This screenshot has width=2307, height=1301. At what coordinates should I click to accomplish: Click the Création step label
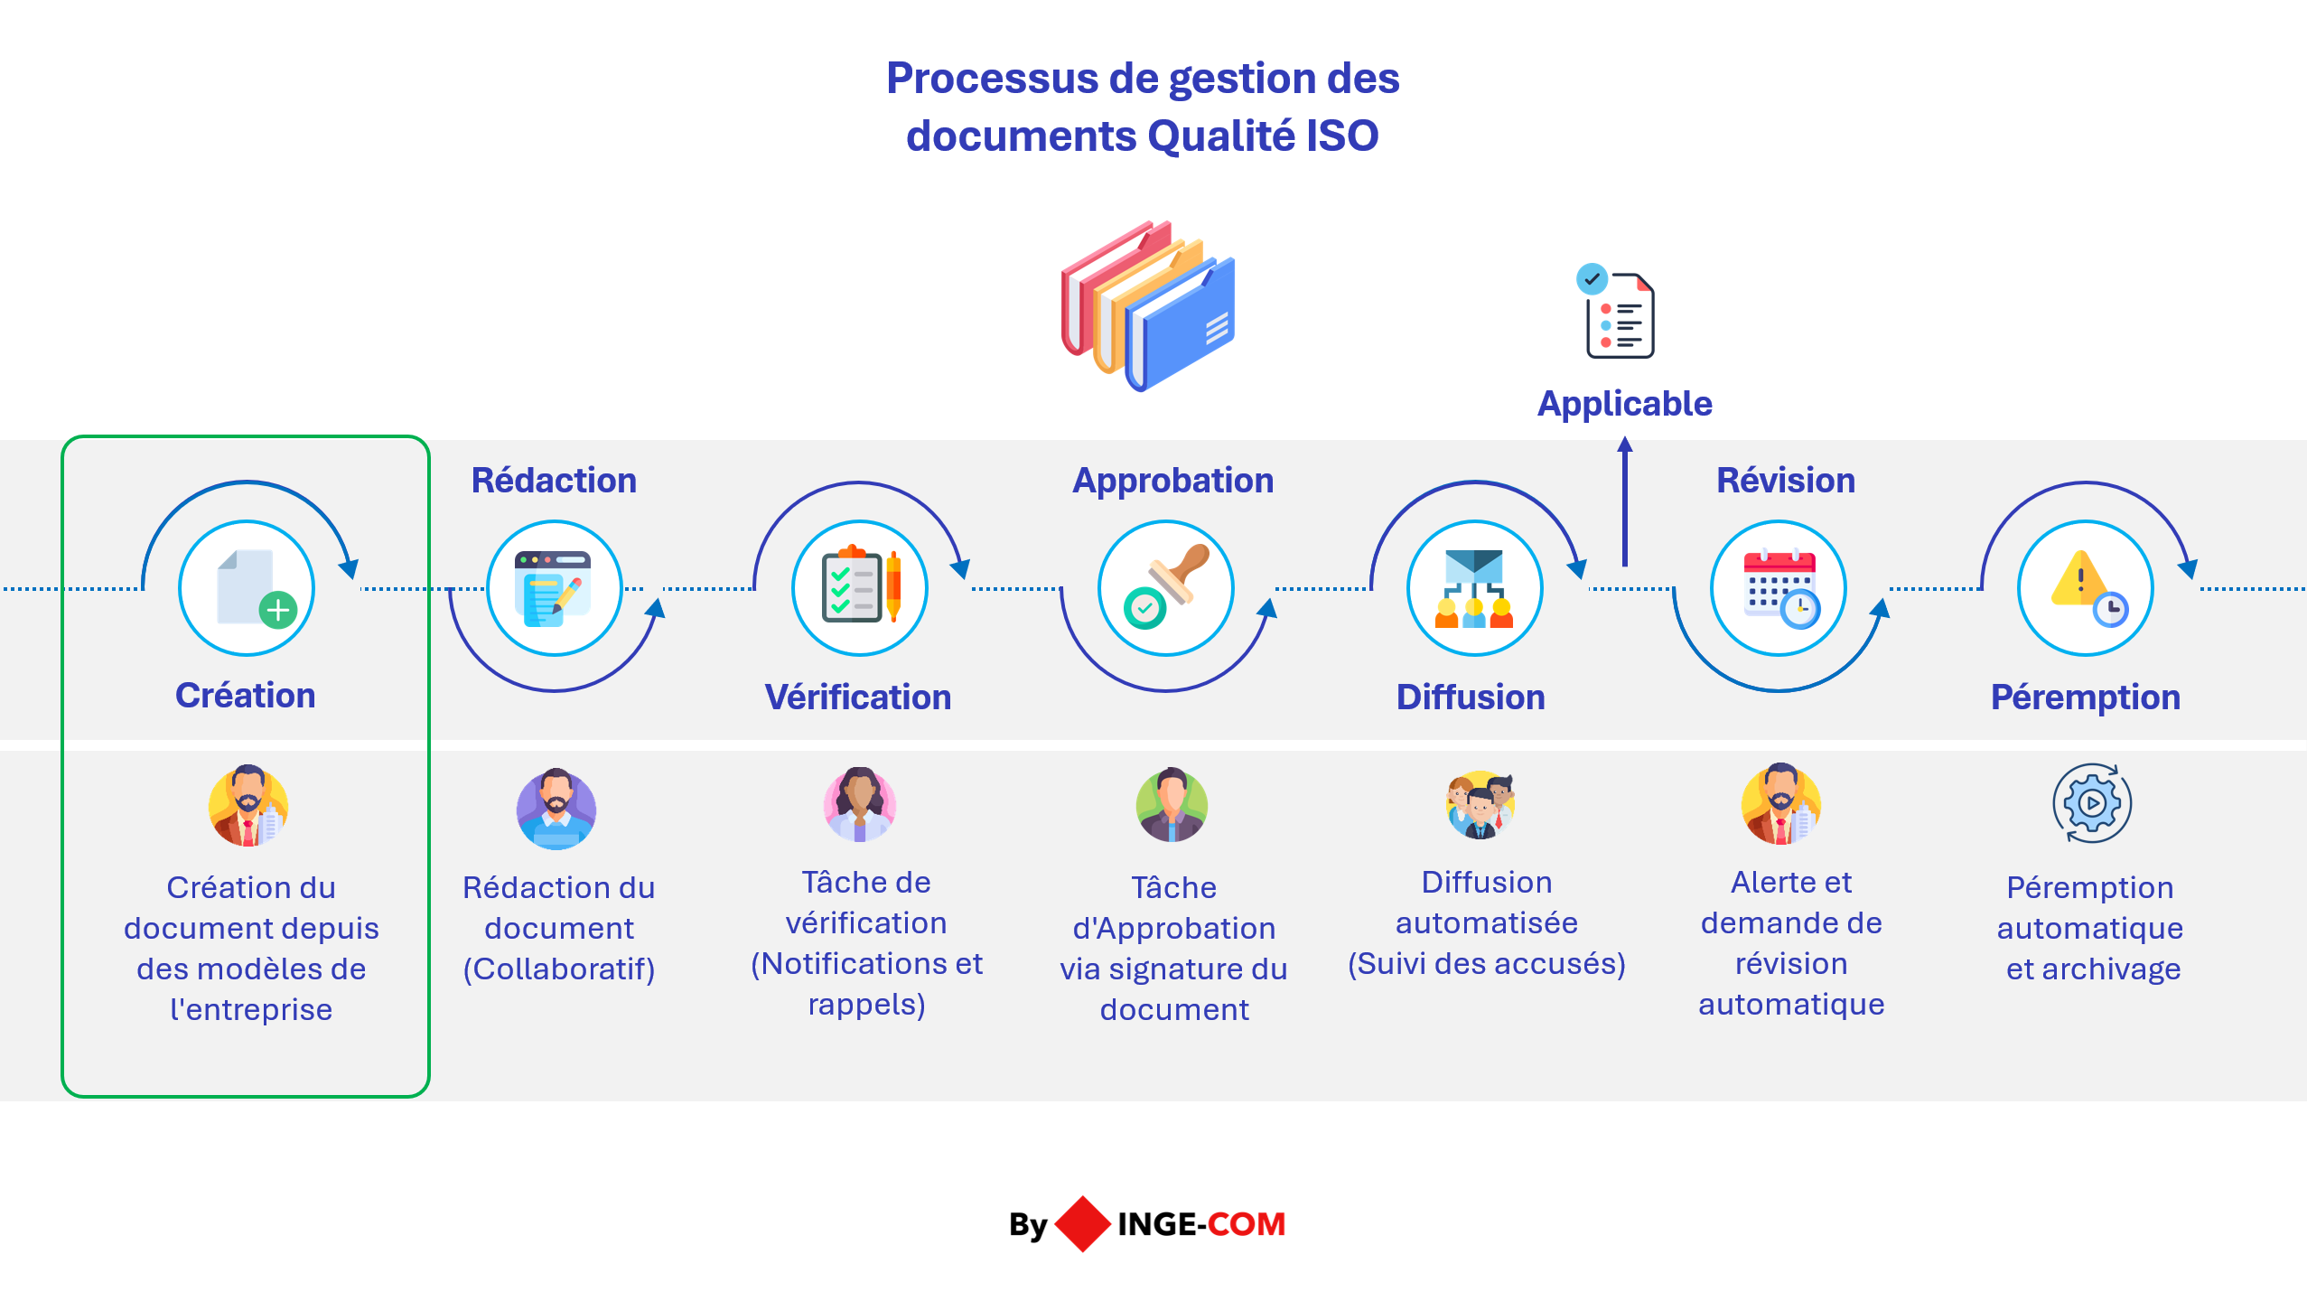(245, 696)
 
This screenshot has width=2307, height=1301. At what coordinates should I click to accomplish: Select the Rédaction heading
(554, 481)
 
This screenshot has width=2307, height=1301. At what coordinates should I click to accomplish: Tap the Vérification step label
(857, 697)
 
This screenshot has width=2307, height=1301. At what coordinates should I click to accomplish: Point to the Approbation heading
(1172, 481)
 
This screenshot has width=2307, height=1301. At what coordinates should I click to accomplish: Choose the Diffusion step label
(1471, 697)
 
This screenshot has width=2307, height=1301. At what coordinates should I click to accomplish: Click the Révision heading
(1785, 481)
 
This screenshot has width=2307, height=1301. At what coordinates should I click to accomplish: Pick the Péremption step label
(2085, 697)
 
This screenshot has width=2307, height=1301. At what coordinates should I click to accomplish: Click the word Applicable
(1624, 404)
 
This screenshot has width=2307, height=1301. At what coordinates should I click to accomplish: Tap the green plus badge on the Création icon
(278, 610)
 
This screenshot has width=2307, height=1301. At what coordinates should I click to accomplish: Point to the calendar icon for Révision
(1778, 585)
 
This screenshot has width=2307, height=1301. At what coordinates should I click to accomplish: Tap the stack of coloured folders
(1147, 305)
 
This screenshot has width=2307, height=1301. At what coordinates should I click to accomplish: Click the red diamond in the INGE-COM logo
(1082, 1224)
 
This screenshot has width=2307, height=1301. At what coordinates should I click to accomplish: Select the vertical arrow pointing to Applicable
(1624, 502)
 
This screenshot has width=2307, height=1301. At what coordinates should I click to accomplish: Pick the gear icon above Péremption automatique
(2091, 803)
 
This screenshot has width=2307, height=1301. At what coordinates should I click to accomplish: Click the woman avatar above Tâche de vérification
(859, 805)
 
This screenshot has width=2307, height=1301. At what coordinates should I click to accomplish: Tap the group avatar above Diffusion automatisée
(1480, 805)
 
